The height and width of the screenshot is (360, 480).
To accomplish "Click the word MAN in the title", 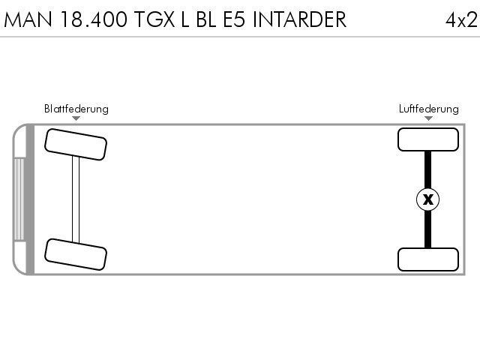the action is point(28,19).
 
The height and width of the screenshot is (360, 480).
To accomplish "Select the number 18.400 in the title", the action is point(94,19).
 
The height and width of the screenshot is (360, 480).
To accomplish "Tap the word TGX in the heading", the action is point(154,19).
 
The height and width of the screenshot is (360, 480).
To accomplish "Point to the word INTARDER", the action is point(300,19).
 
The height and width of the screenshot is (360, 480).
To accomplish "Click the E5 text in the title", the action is point(234,19).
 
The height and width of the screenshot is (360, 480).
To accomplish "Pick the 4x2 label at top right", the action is point(461,20).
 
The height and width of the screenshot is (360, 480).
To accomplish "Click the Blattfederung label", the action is point(76,109).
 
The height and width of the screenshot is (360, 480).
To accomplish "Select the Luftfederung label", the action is point(428,109).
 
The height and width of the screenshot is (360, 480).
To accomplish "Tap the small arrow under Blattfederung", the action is point(76,118).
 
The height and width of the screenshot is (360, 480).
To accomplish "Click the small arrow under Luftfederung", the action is point(428,118).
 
